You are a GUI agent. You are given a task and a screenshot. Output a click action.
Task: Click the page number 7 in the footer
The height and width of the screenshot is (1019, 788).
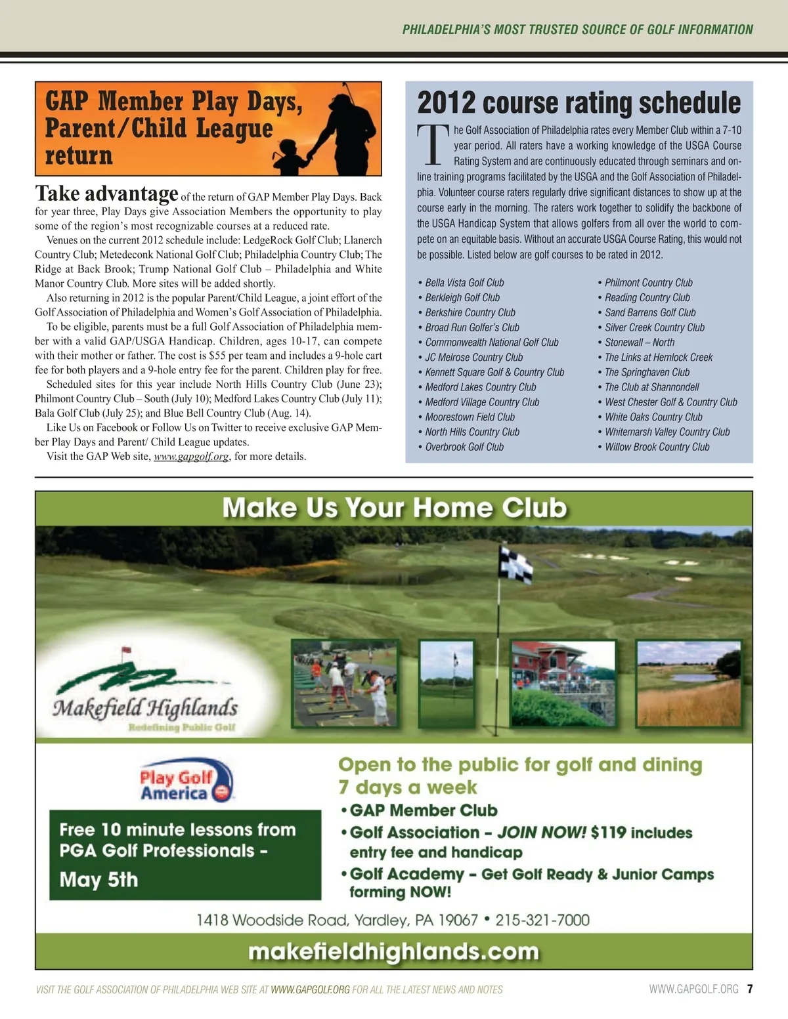click(750, 989)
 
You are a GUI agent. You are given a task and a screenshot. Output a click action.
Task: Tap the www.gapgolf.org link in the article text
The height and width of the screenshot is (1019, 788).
click(190, 457)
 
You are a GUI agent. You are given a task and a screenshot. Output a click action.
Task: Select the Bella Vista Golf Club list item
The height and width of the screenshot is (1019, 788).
click(464, 283)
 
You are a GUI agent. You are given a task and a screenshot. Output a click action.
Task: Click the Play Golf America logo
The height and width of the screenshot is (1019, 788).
click(186, 781)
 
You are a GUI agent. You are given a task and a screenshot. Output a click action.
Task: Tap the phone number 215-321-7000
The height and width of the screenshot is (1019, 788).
click(542, 920)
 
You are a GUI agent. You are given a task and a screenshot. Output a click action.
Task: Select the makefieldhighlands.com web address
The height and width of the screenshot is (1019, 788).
click(393, 951)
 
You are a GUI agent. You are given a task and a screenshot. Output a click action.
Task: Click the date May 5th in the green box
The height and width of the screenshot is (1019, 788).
click(98, 880)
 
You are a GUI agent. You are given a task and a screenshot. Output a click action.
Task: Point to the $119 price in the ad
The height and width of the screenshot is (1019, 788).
click(608, 833)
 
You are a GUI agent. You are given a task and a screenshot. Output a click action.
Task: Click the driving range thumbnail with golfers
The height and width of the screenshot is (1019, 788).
click(345, 682)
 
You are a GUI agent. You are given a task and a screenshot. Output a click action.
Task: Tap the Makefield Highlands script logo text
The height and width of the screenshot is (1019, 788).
click(145, 708)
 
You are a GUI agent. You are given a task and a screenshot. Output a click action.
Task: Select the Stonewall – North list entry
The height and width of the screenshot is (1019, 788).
click(639, 343)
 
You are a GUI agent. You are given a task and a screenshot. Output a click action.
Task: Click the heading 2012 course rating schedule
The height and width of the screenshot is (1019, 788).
click(579, 103)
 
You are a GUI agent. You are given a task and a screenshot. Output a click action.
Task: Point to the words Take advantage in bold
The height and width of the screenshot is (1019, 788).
click(106, 194)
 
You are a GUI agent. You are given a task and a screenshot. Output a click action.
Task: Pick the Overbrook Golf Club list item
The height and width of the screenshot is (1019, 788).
click(464, 447)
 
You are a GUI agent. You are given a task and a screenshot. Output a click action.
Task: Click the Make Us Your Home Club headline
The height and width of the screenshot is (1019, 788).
click(394, 509)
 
